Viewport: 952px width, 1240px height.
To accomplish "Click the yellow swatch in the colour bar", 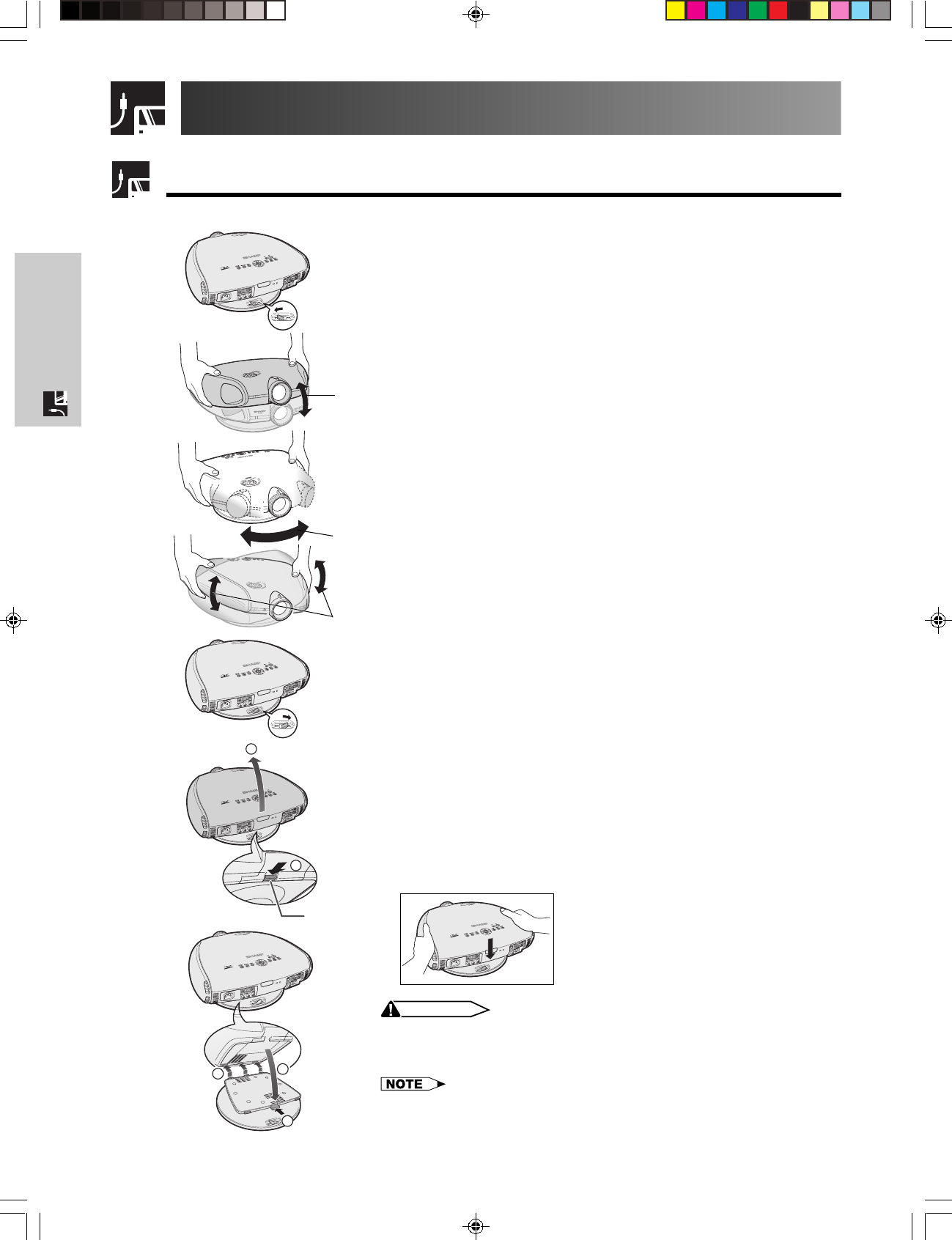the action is pos(676,11).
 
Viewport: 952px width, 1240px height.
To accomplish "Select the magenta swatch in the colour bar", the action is pos(696,11).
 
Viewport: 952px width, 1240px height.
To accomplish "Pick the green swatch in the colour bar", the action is pos(758,11).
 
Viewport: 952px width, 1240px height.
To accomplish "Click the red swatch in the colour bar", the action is pos(778,11).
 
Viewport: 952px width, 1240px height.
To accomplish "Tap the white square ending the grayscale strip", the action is pos(276,11).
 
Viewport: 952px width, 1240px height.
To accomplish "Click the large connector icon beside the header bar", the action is pos(137,108).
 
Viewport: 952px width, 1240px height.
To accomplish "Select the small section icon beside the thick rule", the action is pos(131,180).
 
